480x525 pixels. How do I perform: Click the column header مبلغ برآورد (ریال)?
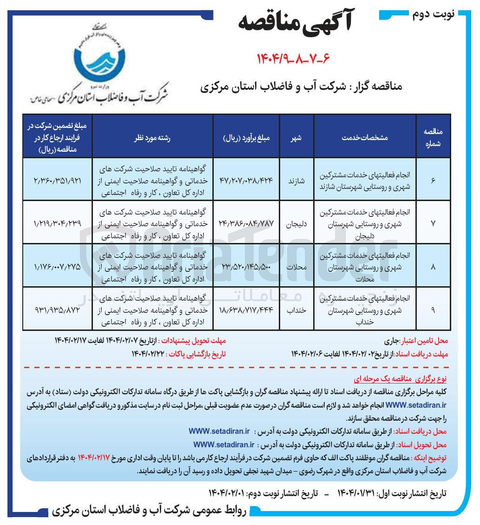pyautogui.click(x=246, y=138)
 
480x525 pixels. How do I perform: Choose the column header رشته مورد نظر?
pyautogui.click(x=152, y=138)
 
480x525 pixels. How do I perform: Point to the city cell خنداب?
pyautogui.click(x=296, y=309)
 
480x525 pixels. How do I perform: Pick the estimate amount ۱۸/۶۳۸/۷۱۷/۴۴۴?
pyautogui.click(x=246, y=309)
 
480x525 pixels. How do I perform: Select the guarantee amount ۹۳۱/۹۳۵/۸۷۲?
pyautogui.click(x=58, y=309)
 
